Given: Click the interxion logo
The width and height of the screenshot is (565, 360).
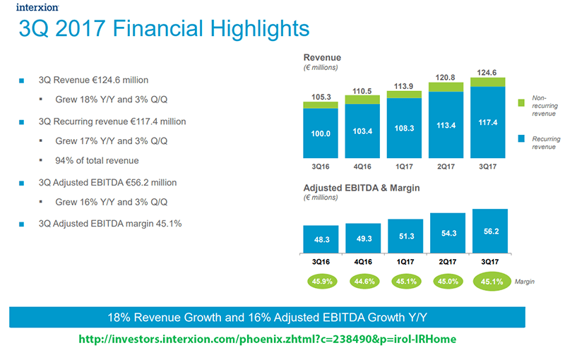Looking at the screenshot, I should click(x=33, y=8).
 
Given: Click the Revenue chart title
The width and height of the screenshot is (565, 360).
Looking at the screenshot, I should click(x=322, y=57).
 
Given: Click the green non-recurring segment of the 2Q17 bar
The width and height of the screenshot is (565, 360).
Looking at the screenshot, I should click(x=447, y=86).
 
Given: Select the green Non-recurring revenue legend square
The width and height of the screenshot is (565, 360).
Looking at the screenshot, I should click(x=522, y=103).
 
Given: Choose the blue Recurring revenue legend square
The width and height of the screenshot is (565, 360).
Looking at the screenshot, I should click(x=522, y=138).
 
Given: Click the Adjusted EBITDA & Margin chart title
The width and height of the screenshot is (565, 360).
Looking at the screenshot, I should click(x=362, y=189).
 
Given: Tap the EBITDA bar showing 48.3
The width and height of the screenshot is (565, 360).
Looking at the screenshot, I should click(x=321, y=239).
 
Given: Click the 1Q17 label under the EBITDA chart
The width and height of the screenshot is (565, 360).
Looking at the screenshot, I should click(x=405, y=260).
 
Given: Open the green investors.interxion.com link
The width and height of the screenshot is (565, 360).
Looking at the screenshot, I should click(x=267, y=340).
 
